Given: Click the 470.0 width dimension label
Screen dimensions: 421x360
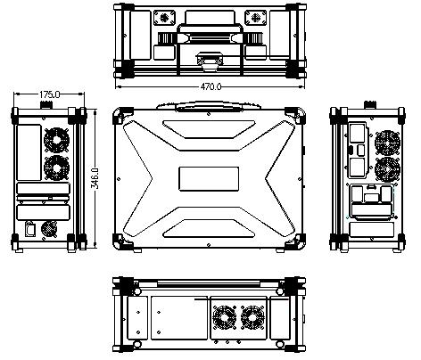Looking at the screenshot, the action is pos(211,86).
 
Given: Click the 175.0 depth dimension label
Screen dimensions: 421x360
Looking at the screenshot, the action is pos(50,94).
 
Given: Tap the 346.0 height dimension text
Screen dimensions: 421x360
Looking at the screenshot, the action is pos(95,178).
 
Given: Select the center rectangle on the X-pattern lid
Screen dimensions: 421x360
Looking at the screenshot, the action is pos(209,179).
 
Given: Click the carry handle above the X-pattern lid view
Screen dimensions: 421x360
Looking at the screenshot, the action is pos(209,105).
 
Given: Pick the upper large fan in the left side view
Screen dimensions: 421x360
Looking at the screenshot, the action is pos(56,140).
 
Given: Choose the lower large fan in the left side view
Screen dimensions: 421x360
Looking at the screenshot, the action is pos(56,168).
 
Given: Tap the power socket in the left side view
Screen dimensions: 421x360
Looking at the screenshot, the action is pos(29,229).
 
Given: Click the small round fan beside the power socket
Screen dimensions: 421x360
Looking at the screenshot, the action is pos(49,229).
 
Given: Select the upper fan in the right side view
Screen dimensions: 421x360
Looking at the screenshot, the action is pos(387,143).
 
